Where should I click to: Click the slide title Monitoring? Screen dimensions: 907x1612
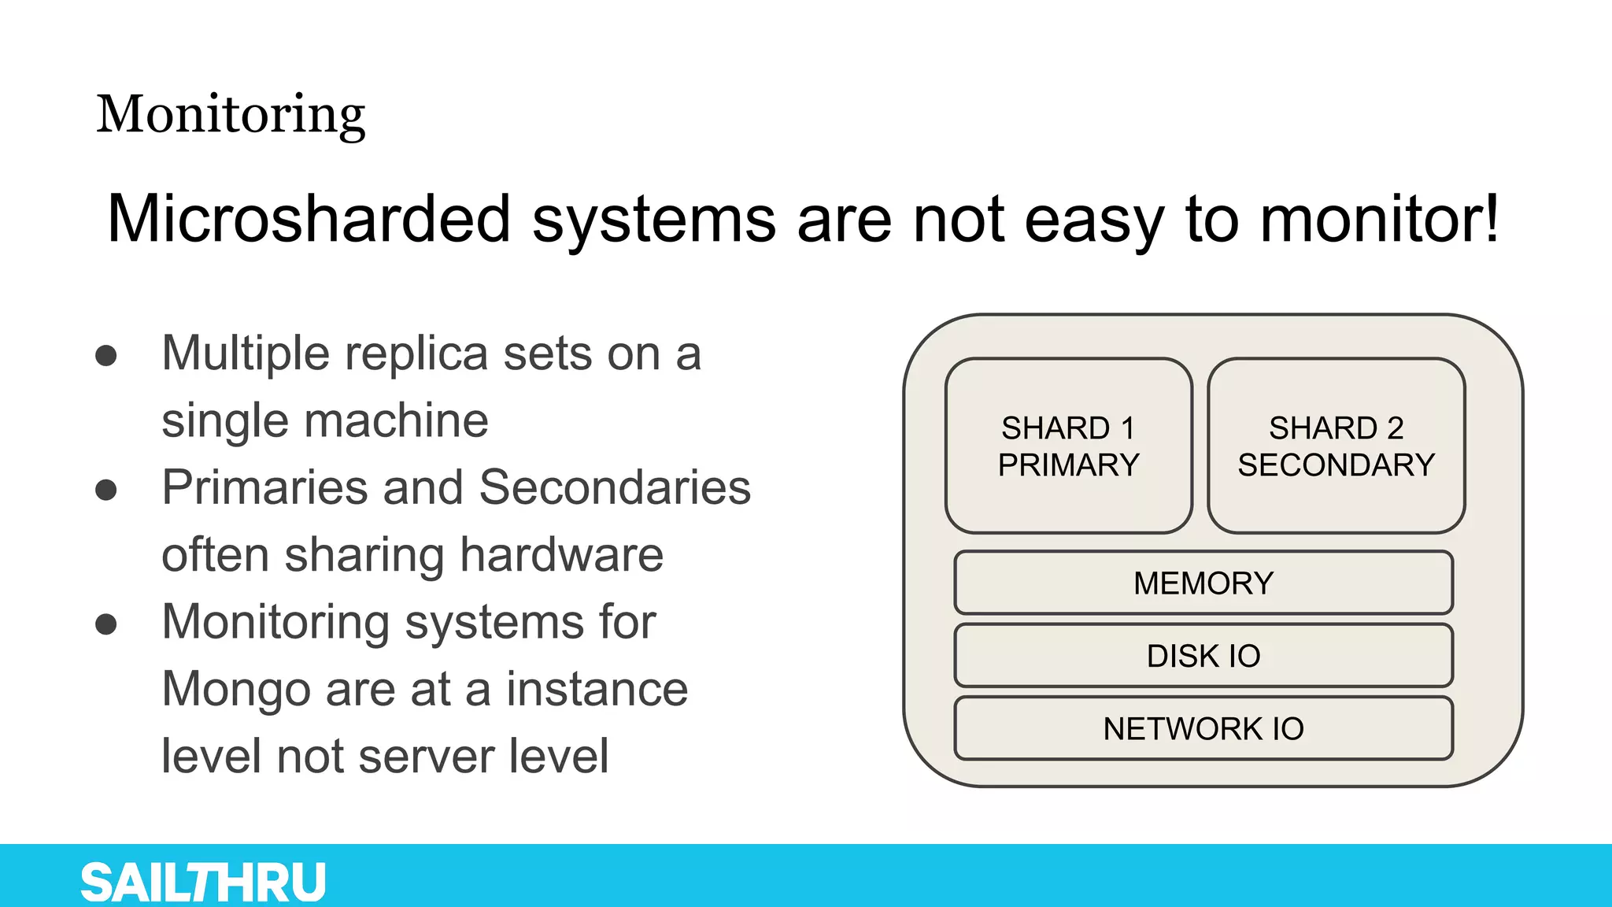coord(231,115)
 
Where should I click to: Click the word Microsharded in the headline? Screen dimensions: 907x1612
coord(309,219)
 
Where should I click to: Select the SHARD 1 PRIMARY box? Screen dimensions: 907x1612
coord(1068,446)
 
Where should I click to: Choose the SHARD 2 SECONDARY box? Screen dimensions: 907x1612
coord(1336,446)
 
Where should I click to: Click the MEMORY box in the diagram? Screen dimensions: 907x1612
coord(1203,583)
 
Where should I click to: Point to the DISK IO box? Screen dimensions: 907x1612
coord(1203,656)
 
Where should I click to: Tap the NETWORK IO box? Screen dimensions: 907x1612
coord(1203,729)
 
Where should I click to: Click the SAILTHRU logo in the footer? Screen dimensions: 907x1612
coord(203,882)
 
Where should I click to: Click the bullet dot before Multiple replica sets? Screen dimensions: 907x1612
coord(106,356)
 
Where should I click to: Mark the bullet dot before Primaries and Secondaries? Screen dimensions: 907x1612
coord(106,490)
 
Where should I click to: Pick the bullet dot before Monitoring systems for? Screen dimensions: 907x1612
coord(106,624)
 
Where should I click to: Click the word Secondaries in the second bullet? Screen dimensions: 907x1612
coord(615,487)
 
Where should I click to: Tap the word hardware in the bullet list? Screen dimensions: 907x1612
coord(561,555)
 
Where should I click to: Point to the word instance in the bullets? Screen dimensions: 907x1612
coord(597,690)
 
